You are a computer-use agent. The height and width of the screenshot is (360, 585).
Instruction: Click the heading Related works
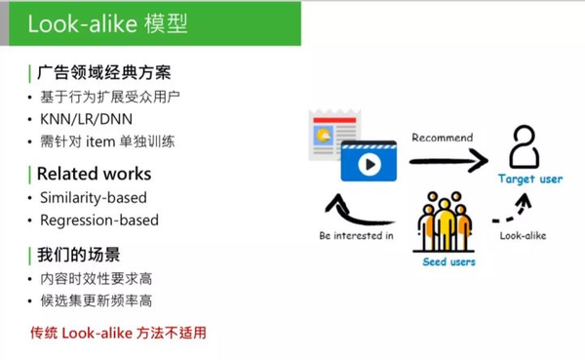click(94, 174)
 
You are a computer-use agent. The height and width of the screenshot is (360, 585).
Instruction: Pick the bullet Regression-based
click(98, 220)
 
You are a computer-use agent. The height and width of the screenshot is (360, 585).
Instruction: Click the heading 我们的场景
click(79, 257)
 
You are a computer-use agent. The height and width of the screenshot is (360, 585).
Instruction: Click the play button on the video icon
click(369, 163)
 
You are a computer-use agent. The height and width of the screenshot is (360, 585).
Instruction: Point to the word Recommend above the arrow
click(442, 138)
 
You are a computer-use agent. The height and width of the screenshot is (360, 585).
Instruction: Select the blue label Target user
click(530, 180)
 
